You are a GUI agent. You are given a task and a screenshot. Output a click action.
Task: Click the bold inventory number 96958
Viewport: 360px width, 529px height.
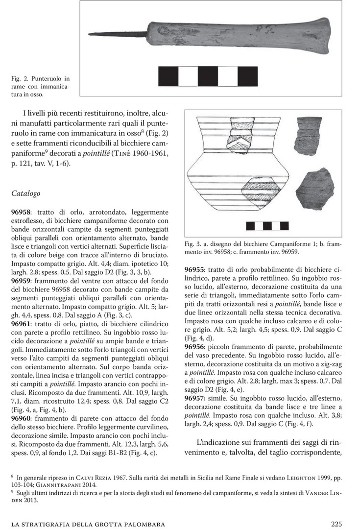click(21, 212)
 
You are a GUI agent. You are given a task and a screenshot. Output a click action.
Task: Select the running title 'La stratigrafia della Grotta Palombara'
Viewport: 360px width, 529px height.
click(88, 524)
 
